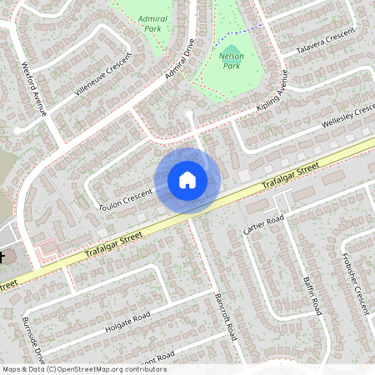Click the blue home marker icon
coord(187,180)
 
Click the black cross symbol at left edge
coord(2,257)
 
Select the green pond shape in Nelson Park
coord(233,52)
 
